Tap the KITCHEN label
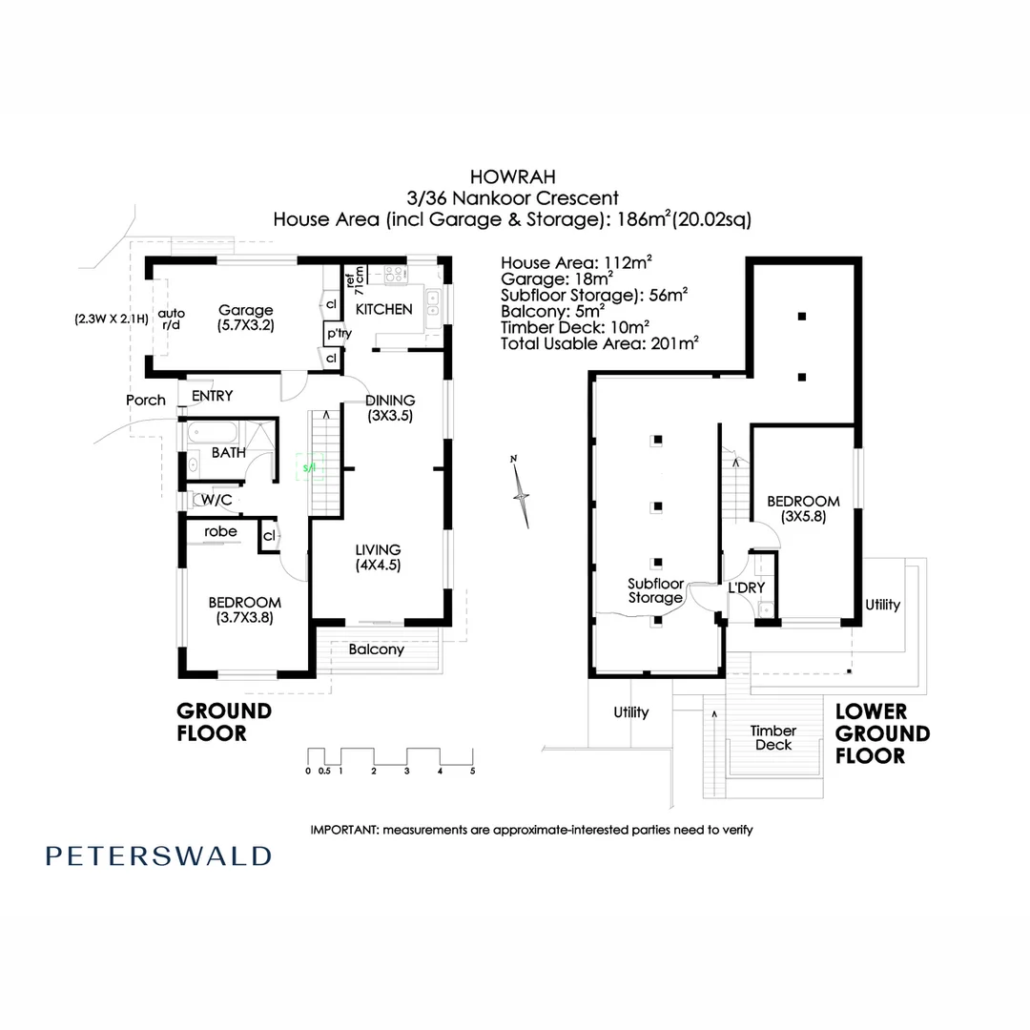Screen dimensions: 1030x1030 tap(383, 309)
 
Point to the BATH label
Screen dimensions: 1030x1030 tap(228, 453)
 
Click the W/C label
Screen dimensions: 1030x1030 tap(216, 500)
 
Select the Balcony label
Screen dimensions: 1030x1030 tap(376, 649)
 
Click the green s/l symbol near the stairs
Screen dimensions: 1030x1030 tap(309, 467)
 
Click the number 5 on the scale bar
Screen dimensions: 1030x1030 tap(472, 771)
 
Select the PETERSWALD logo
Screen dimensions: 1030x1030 tap(158, 855)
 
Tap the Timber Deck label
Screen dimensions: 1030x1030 tap(772, 737)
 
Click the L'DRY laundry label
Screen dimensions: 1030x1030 tap(747, 587)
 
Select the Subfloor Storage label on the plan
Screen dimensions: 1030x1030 tap(654, 590)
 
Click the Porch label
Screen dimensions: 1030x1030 tap(146, 400)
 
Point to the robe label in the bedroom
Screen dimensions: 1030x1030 tap(220, 531)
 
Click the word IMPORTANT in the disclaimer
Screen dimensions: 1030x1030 tap(344, 830)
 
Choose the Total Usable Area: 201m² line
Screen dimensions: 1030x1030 tap(600, 342)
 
